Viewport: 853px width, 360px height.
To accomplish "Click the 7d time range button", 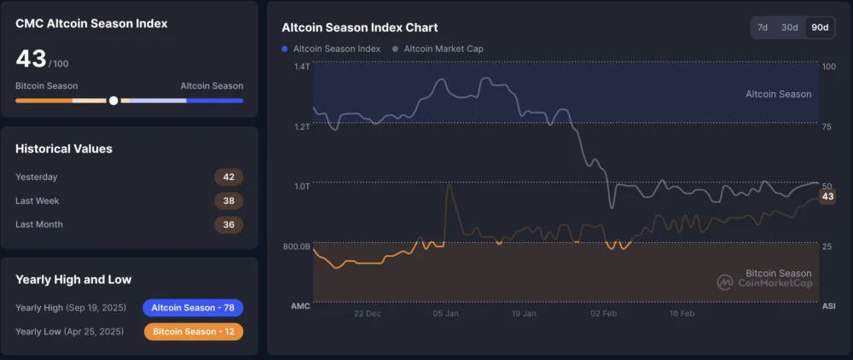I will [x=763, y=27].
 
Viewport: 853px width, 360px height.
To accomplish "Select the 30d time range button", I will [x=790, y=27].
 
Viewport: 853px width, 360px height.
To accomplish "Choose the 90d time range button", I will [x=820, y=27].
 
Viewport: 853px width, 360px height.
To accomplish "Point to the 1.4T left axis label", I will [x=302, y=67].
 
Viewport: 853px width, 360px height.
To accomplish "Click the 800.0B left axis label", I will [x=297, y=247].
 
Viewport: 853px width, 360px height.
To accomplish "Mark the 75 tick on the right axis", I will [x=827, y=126].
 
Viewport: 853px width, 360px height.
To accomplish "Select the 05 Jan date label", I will [x=446, y=313].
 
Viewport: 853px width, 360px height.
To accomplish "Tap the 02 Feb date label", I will [x=603, y=313].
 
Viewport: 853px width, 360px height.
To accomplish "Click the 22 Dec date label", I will [x=367, y=313].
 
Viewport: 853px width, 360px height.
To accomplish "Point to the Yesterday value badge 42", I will [x=229, y=177].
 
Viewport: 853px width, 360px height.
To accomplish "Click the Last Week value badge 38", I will [x=229, y=201].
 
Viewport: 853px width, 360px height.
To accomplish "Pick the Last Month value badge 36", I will [x=229, y=224].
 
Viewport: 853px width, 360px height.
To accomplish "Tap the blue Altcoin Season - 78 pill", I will [x=193, y=308].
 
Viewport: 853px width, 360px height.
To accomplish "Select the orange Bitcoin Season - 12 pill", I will [x=193, y=332].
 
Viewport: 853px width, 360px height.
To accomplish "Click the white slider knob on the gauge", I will [x=113, y=101].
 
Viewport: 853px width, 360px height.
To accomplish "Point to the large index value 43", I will [x=31, y=59].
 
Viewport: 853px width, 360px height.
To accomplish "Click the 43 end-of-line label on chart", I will [x=827, y=197].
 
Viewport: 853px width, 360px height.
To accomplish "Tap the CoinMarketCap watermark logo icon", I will [x=724, y=282].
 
